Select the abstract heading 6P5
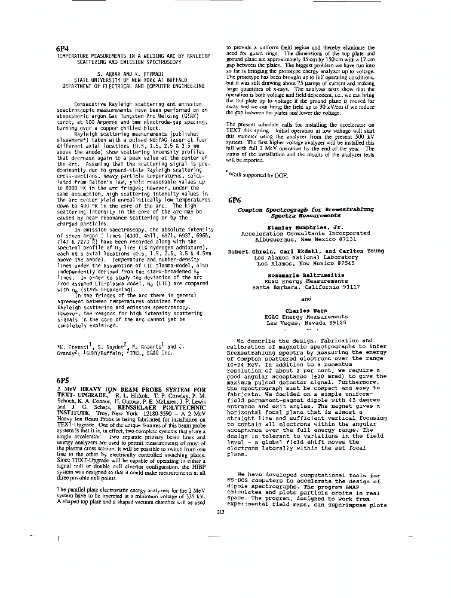click(63, 380)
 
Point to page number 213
click(221, 511)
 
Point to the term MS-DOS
click(239, 481)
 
